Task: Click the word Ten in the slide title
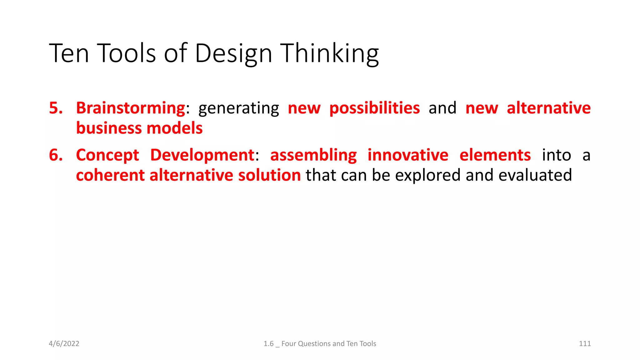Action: click(x=69, y=53)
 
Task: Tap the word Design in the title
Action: click(x=233, y=53)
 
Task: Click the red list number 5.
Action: click(x=56, y=108)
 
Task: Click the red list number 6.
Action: click(x=56, y=155)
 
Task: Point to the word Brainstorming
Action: click(x=131, y=108)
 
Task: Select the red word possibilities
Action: click(x=374, y=108)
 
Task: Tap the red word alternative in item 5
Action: click(x=548, y=108)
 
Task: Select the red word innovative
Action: click(x=407, y=155)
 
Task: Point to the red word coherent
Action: click(x=110, y=175)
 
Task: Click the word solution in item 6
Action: click(x=269, y=175)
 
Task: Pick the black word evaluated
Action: click(x=535, y=175)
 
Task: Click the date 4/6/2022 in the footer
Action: click(x=64, y=344)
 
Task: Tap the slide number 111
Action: click(x=585, y=344)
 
